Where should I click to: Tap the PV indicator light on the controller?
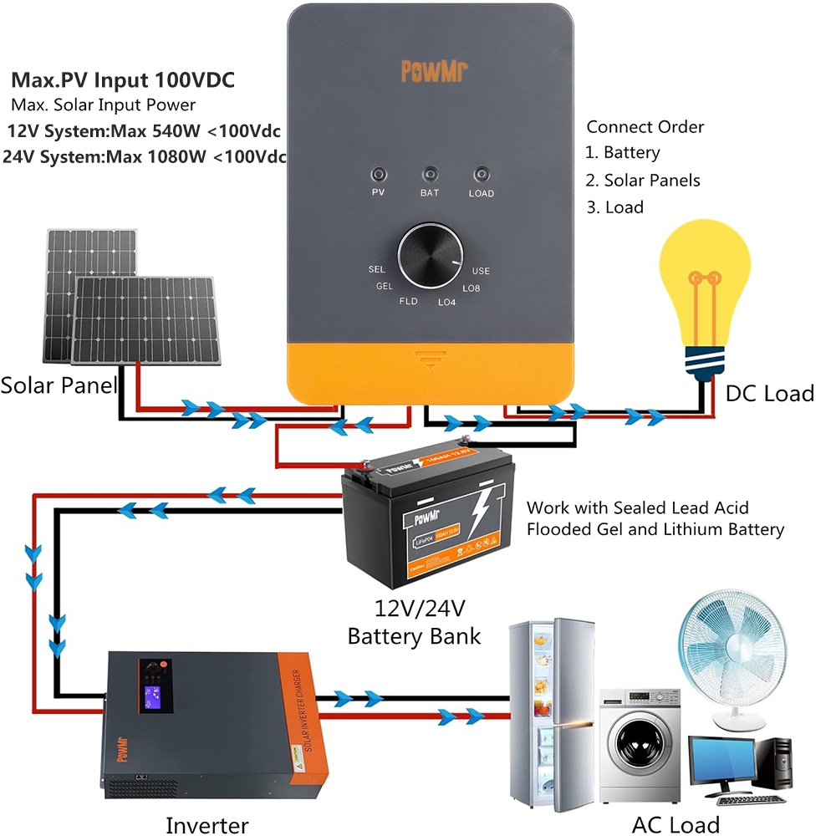(x=379, y=175)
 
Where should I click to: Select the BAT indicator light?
(x=430, y=175)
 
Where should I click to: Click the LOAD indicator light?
(x=481, y=175)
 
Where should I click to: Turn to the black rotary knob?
(x=430, y=255)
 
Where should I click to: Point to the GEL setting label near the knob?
(x=385, y=286)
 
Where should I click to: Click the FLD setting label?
(x=408, y=301)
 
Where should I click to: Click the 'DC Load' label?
(x=769, y=393)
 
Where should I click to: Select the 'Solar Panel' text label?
(x=59, y=385)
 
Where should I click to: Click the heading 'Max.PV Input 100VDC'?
(x=123, y=81)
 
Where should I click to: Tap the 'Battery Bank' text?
(x=415, y=635)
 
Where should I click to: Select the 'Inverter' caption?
(x=206, y=825)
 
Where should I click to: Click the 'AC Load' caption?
(x=675, y=824)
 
